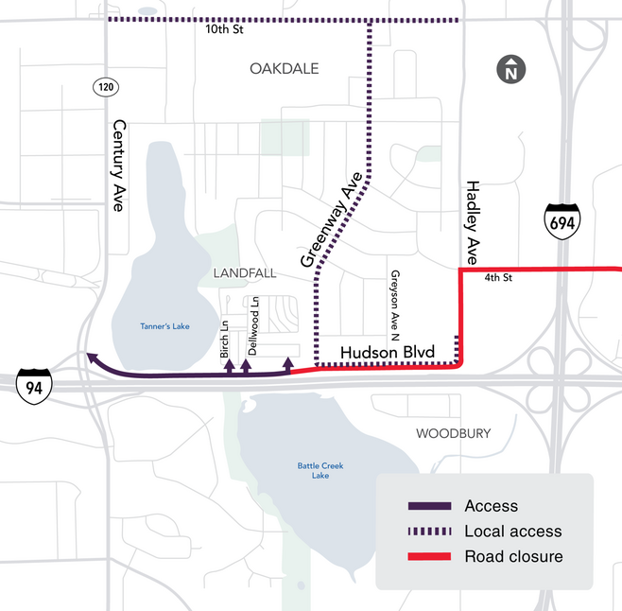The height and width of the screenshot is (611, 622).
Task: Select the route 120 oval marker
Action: point(104,87)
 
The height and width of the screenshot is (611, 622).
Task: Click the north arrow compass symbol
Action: point(511,69)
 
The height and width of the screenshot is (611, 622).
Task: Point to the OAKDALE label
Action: point(285,69)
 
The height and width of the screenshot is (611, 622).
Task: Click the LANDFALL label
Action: point(245,272)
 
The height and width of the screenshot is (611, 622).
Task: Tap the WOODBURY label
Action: point(454,433)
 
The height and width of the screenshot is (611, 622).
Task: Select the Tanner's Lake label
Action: point(164,326)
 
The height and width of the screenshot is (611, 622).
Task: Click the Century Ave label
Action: point(119,165)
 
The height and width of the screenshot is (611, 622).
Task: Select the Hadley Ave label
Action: point(473,223)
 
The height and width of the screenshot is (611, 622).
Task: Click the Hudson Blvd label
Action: point(387,353)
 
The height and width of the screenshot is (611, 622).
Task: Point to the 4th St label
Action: point(497,279)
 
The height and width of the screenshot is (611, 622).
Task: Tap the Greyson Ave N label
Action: point(394,303)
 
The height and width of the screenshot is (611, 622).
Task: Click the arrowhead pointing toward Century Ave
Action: point(91,357)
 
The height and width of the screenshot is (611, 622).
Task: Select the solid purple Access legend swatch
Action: point(428,506)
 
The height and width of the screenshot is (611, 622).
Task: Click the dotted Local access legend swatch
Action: point(428,532)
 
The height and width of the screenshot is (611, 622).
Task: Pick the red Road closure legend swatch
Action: point(428,556)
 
